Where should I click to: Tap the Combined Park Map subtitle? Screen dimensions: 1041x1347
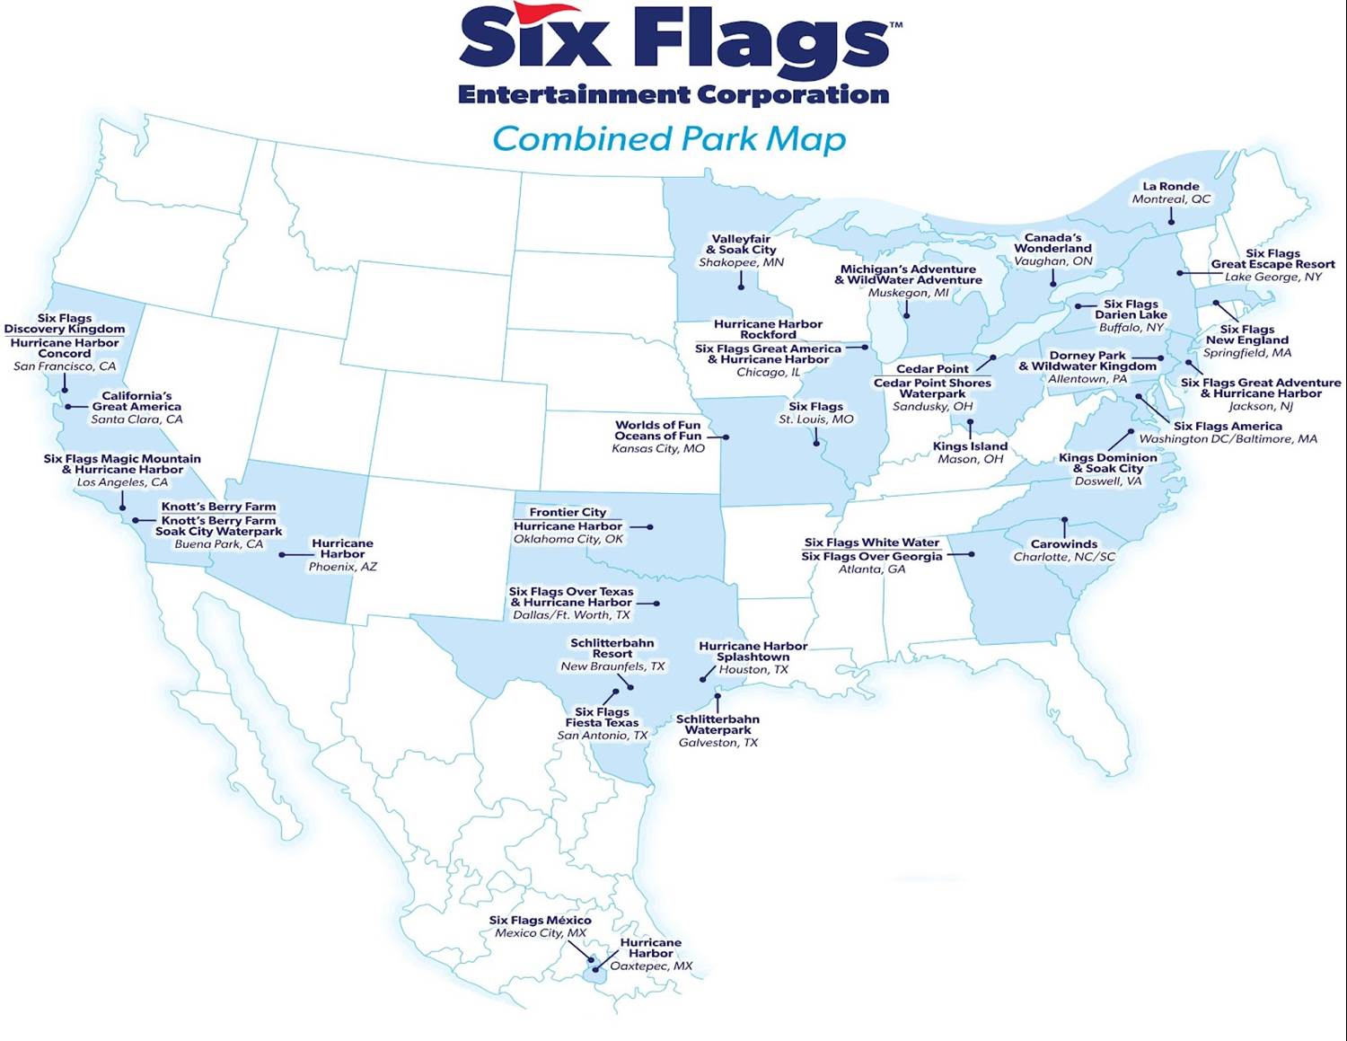669,139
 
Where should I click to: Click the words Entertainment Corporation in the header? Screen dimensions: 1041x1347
673,94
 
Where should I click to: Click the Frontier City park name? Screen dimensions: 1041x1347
568,512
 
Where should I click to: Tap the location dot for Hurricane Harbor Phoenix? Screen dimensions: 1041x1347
282,555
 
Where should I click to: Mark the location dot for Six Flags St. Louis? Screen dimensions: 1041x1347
816,443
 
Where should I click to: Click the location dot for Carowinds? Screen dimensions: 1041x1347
1064,519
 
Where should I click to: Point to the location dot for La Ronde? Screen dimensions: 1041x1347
1171,221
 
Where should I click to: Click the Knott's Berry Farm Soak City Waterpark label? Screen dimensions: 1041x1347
218,526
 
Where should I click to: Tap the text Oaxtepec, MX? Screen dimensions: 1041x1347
651,966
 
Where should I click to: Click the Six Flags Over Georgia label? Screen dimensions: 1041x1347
871,557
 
